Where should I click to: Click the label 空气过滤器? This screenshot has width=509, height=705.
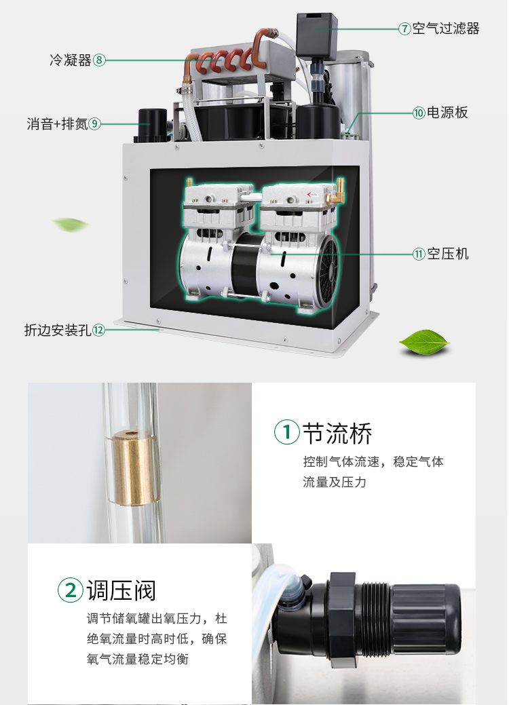point(446,28)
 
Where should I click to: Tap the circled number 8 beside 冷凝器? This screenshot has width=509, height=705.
point(99,60)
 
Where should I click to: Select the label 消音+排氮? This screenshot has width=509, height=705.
point(57,123)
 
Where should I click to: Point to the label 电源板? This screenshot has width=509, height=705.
point(447,113)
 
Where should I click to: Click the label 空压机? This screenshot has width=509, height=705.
point(448,254)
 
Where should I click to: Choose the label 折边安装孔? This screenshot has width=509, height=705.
point(58,330)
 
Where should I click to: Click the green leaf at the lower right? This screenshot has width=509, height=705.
point(424,342)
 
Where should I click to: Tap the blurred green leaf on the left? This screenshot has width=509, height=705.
point(70,225)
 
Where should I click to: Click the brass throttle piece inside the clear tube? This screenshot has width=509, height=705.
point(134,467)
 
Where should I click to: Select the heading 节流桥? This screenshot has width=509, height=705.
point(337,433)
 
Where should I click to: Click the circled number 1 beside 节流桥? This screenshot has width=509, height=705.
point(287,432)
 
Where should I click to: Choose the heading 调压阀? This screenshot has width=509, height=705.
point(121,590)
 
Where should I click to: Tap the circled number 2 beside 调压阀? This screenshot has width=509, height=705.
point(71,590)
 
